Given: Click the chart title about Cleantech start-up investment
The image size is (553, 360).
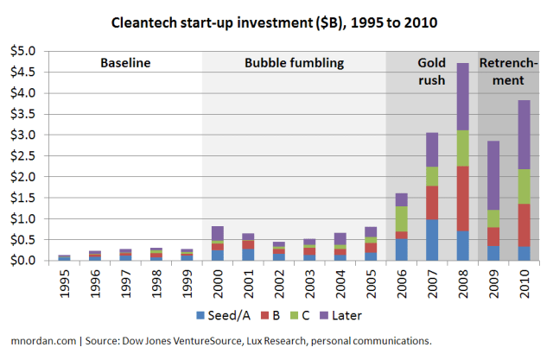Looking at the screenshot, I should coord(276,18).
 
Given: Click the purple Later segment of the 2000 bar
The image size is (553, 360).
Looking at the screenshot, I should coord(217,233).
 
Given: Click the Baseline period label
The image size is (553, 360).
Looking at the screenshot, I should coord(125,63).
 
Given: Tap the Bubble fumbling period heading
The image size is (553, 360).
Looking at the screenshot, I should coord(294,63).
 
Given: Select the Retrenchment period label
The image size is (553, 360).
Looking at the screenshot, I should coord(513,72).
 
